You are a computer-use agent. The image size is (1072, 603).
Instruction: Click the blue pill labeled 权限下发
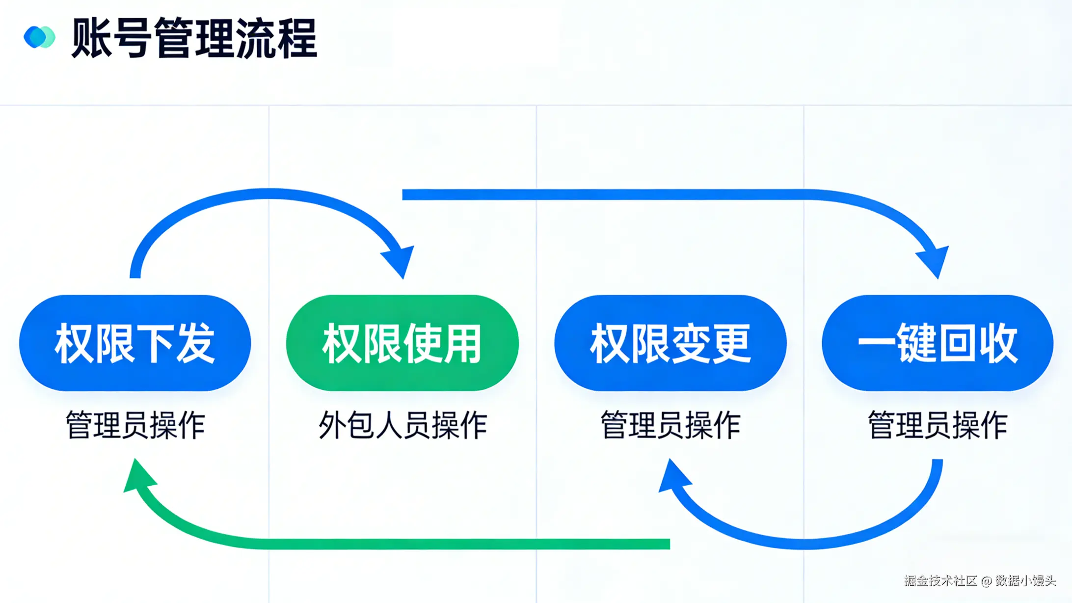pyautogui.click(x=135, y=343)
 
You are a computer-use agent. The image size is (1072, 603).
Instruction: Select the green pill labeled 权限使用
pyautogui.click(x=402, y=343)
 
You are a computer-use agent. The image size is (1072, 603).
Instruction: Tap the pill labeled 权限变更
pyautogui.click(x=670, y=343)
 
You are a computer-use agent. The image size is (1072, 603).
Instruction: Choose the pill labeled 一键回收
pyautogui.click(x=938, y=343)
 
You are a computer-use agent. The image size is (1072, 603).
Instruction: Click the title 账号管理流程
pyautogui.click(x=194, y=38)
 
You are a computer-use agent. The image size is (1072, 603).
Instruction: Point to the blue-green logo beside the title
pyautogui.click(x=39, y=37)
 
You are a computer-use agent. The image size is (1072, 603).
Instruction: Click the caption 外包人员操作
pyautogui.click(x=402, y=425)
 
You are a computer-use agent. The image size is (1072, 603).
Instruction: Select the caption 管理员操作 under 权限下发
pyautogui.click(x=135, y=425)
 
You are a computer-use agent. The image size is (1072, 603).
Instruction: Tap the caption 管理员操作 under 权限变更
pyautogui.click(x=670, y=425)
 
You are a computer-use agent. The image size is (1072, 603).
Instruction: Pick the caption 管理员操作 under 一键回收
pyautogui.click(x=938, y=425)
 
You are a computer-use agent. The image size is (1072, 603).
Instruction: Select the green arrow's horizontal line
pyautogui.click(x=442, y=544)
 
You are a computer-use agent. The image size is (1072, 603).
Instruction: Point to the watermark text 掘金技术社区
pyautogui.click(x=940, y=581)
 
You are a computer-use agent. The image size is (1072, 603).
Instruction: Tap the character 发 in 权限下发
pyautogui.click(x=196, y=343)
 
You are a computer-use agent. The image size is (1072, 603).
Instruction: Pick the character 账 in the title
pyautogui.click(x=91, y=38)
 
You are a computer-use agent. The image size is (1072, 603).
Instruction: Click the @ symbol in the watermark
pyautogui.click(x=987, y=581)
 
